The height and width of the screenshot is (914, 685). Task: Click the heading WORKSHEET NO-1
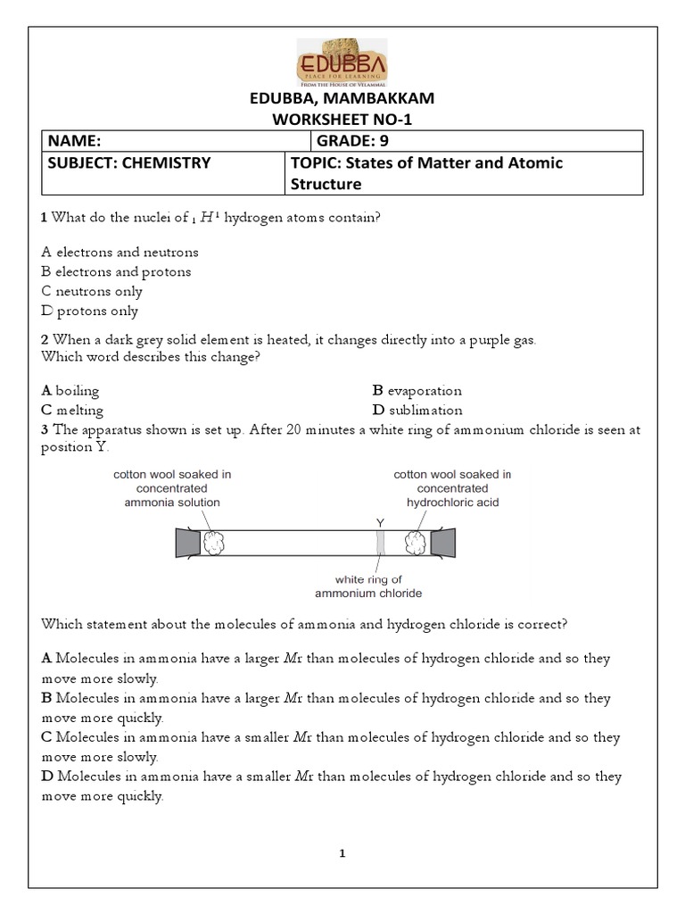(342, 119)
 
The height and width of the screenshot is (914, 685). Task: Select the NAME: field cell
(175, 141)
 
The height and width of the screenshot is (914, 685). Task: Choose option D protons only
(89, 311)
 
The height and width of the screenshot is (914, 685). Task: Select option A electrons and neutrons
(120, 252)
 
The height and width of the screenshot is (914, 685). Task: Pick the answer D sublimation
(417, 410)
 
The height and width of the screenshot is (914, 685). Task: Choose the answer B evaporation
(417, 390)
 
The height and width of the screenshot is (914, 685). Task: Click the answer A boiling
(70, 390)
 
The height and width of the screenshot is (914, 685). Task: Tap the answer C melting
(72, 410)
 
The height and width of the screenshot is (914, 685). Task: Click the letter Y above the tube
(380, 521)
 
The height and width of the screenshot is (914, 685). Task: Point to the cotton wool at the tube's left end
(215, 543)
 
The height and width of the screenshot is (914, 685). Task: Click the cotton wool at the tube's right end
(416, 543)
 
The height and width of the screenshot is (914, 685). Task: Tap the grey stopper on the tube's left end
(188, 543)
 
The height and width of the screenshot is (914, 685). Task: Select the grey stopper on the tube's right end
(442, 543)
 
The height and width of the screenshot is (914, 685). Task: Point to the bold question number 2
(45, 339)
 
